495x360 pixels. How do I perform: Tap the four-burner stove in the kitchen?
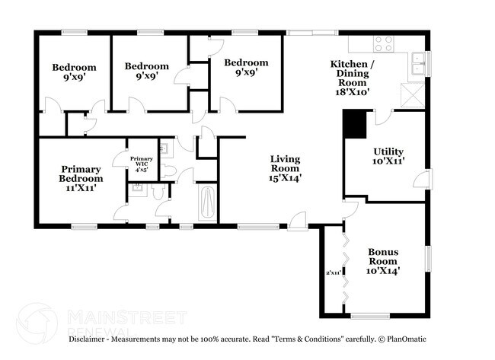pos(384,43)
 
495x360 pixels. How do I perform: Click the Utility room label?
pos(388,156)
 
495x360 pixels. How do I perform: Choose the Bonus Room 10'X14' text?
pos(384,260)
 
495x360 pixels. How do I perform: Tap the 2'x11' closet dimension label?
pos(332,270)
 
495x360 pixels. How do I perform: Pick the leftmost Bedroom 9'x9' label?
pos(74,72)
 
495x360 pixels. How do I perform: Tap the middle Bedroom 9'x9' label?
pos(146,71)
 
